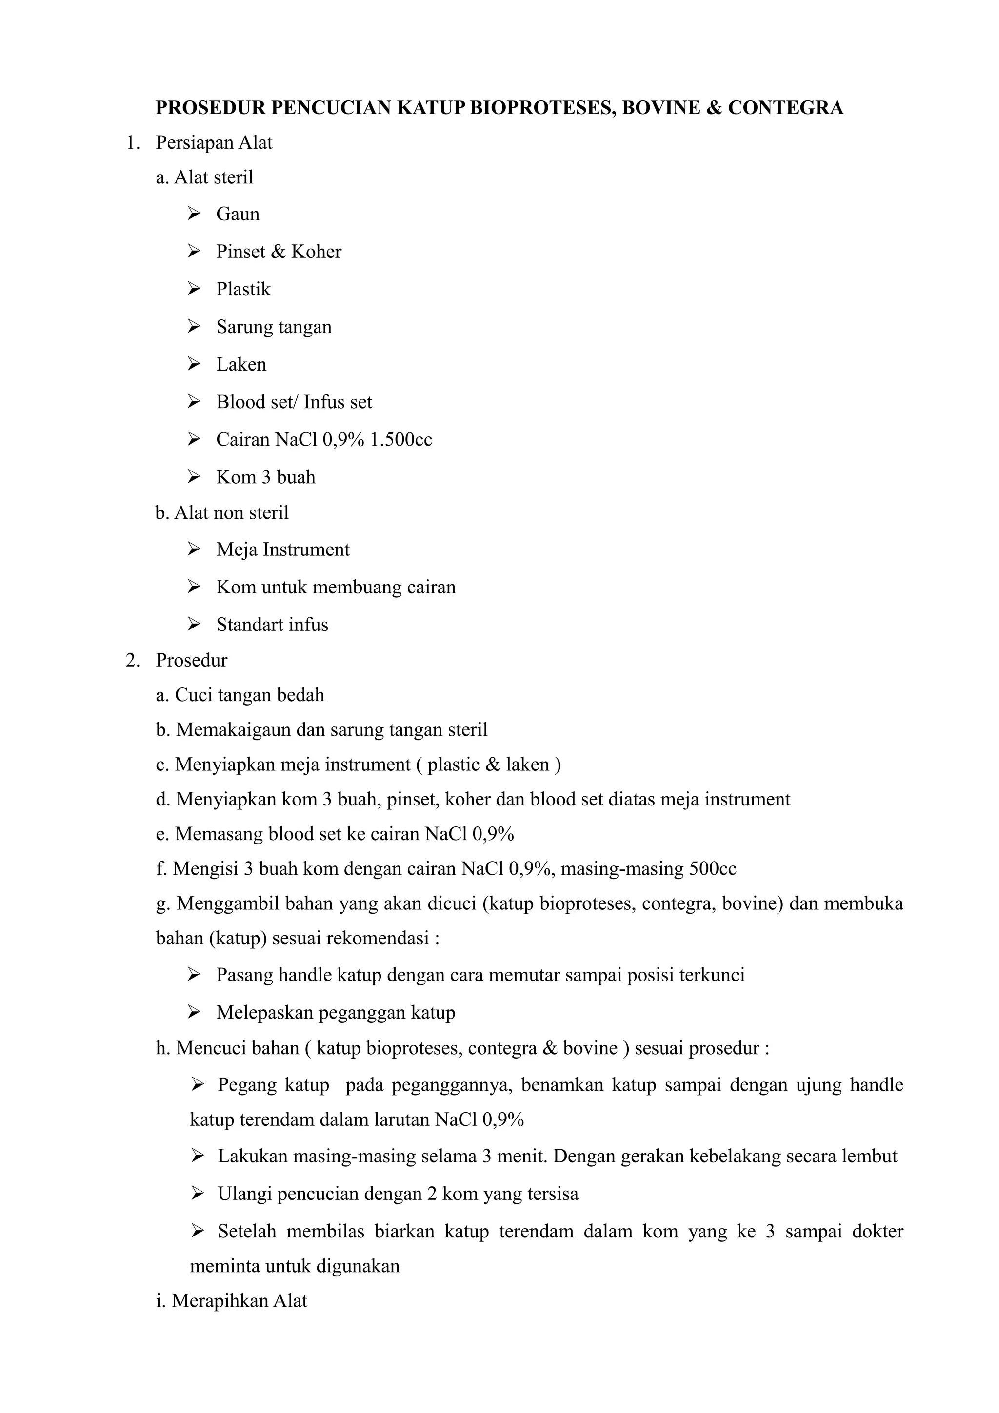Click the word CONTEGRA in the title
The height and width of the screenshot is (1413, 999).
pyautogui.click(x=785, y=108)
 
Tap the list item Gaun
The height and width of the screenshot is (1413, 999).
pyautogui.click(x=238, y=214)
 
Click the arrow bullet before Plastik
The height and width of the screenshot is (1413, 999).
pyautogui.click(x=194, y=289)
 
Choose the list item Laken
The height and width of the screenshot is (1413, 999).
pyautogui.click(x=241, y=364)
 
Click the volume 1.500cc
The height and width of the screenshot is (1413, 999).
pyautogui.click(x=400, y=439)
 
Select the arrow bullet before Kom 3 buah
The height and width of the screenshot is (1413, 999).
pyautogui.click(x=194, y=477)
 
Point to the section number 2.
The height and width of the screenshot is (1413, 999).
pyautogui.click(x=132, y=660)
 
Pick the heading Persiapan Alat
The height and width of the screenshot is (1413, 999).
pyautogui.click(x=214, y=143)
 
